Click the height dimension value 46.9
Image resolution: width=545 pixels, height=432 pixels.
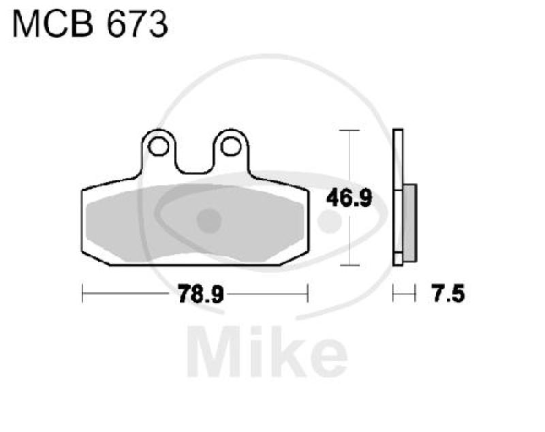pyautogui.click(x=349, y=198)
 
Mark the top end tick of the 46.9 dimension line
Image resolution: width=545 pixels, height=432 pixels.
pyautogui.click(x=349, y=129)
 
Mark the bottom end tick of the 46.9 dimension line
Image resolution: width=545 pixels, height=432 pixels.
pyautogui.click(x=349, y=265)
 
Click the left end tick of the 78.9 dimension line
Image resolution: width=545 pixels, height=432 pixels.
pyautogui.click(x=82, y=294)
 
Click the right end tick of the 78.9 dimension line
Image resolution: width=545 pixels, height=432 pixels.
pyautogui.click(x=308, y=294)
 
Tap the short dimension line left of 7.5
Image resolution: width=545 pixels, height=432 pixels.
pyautogui.click(x=404, y=294)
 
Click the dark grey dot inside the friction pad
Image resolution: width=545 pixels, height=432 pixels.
pyautogui.click(x=209, y=220)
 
